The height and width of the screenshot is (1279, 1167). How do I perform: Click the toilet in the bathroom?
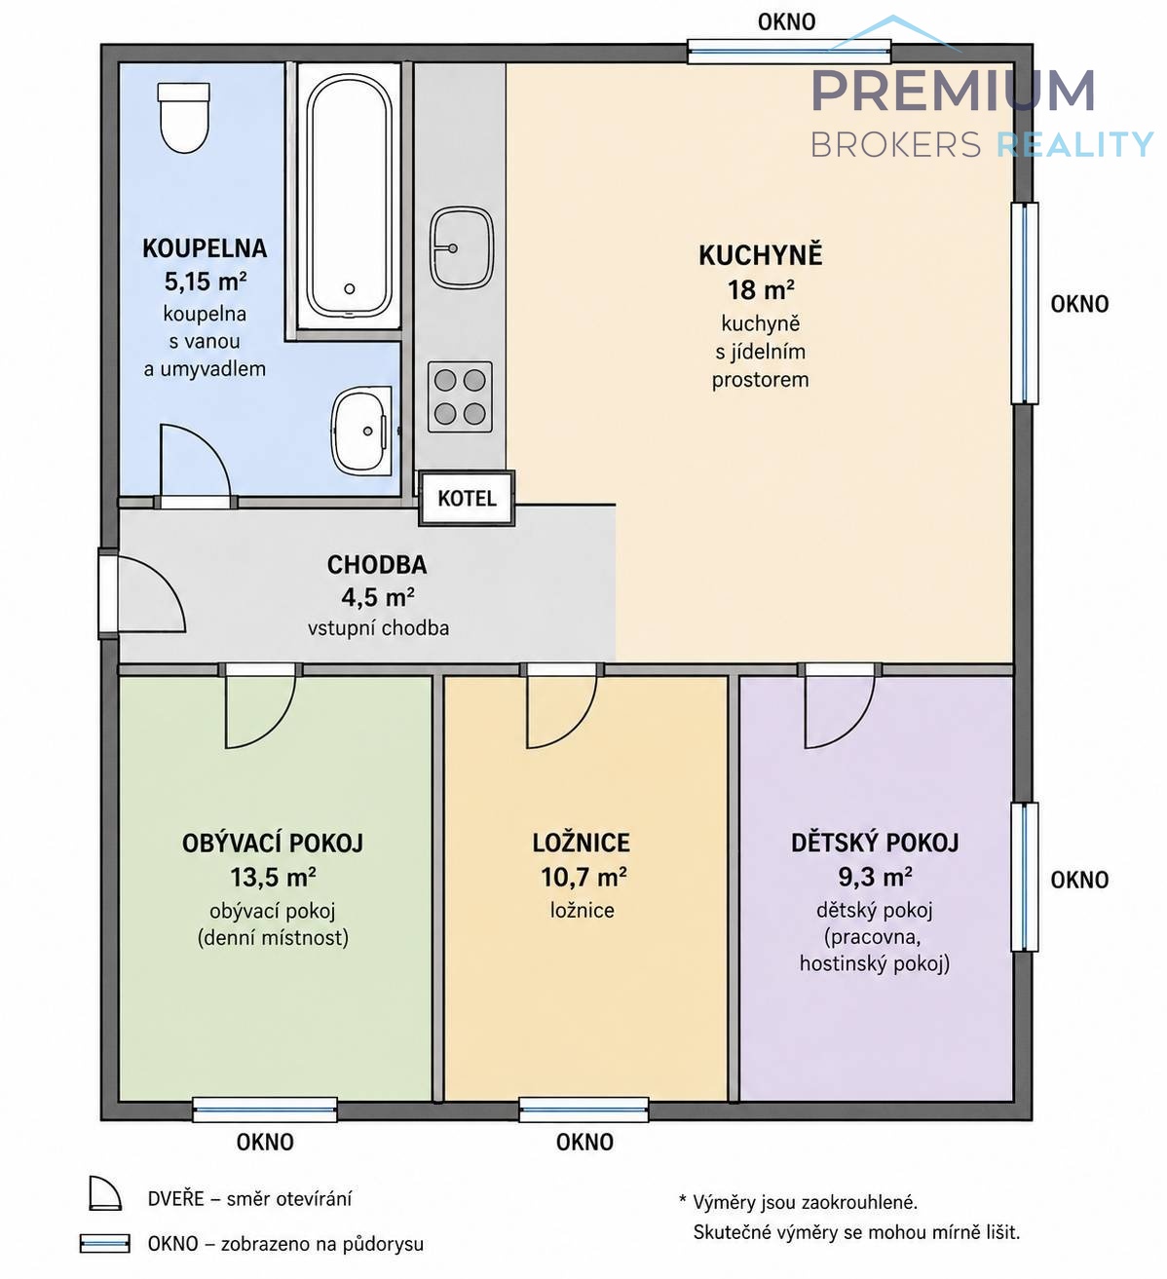(x=184, y=117)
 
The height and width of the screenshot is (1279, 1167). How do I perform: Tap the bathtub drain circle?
(x=350, y=289)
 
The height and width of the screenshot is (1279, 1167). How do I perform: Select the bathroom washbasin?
(x=361, y=431)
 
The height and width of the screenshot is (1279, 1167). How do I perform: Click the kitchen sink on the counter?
(x=462, y=247)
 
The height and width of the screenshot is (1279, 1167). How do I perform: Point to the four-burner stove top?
(x=460, y=396)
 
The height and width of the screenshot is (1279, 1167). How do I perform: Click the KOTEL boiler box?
(x=467, y=498)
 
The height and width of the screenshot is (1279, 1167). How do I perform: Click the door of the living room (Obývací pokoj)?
(x=260, y=711)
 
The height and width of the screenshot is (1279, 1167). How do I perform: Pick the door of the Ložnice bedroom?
(x=561, y=711)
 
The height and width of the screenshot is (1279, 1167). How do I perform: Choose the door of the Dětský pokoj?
(x=840, y=711)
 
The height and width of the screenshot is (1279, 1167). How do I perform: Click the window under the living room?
(x=265, y=1110)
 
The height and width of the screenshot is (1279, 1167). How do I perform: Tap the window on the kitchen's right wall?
(x=1024, y=303)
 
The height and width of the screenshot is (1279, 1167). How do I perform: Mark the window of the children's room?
(x=1024, y=877)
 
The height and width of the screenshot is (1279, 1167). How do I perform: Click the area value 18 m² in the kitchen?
(x=761, y=290)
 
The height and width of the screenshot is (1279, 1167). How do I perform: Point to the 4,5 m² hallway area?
(x=378, y=597)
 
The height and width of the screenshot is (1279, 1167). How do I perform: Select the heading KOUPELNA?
(x=204, y=248)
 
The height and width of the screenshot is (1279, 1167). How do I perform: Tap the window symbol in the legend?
(x=104, y=1244)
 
